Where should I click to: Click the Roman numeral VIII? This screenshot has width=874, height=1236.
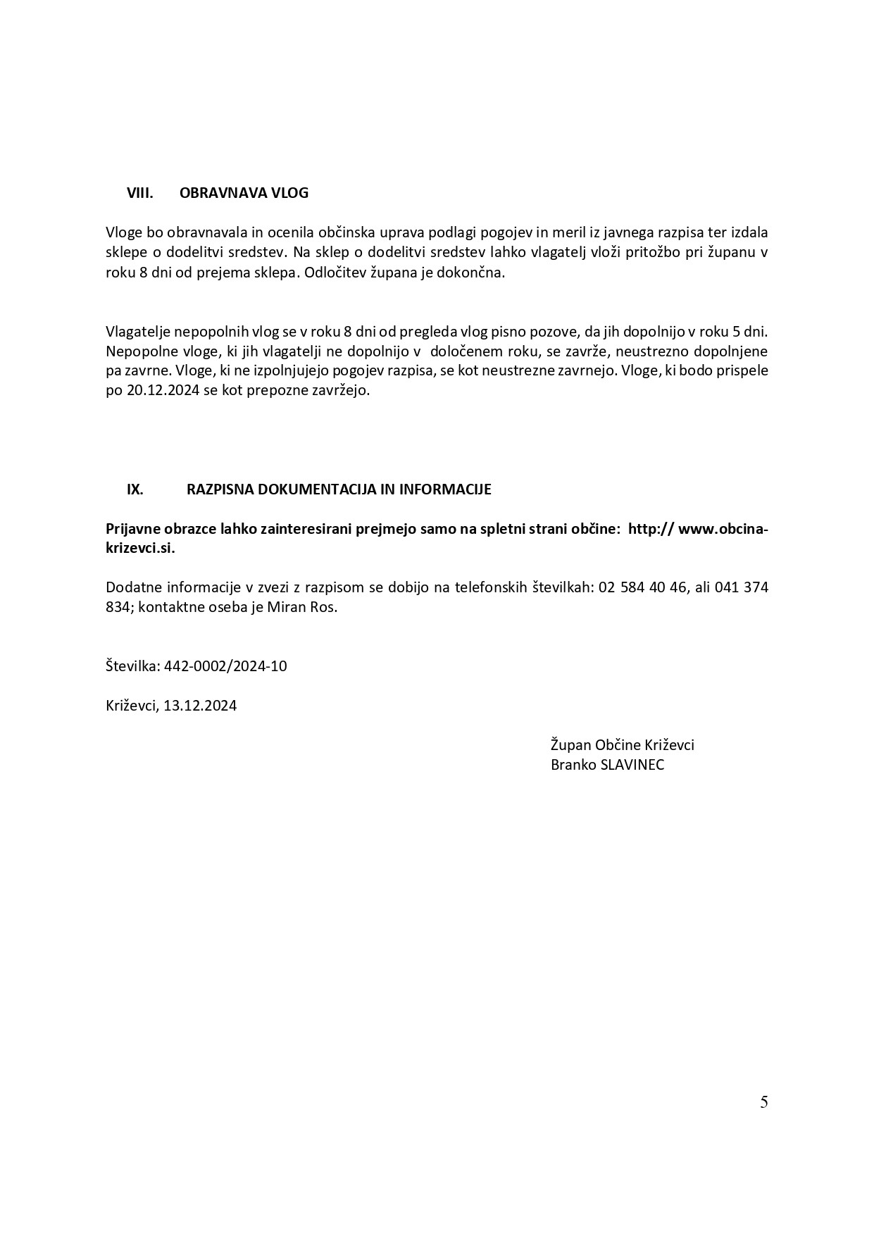tap(139, 193)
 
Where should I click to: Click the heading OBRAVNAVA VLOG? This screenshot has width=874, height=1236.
tap(244, 193)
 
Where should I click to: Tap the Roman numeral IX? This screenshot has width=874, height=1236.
tap(135, 489)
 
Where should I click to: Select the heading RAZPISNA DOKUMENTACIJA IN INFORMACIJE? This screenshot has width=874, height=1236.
tap(339, 489)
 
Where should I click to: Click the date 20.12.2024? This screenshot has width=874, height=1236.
tap(161, 390)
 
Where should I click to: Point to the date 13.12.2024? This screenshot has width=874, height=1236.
tap(200, 705)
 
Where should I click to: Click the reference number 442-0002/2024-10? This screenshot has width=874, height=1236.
tap(225, 666)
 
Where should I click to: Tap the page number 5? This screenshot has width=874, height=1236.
tap(763, 1102)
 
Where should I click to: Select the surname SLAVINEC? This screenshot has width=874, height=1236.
tap(632, 765)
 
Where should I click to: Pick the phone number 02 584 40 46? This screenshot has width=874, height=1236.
tap(642, 587)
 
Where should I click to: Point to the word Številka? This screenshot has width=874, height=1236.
tap(132, 666)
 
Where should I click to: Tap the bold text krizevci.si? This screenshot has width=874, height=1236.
tap(139, 549)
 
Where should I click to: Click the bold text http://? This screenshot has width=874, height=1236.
tap(649, 529)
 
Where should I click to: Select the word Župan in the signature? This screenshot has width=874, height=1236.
tap(570, 745)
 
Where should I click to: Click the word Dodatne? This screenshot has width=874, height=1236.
tap(133, 587)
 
